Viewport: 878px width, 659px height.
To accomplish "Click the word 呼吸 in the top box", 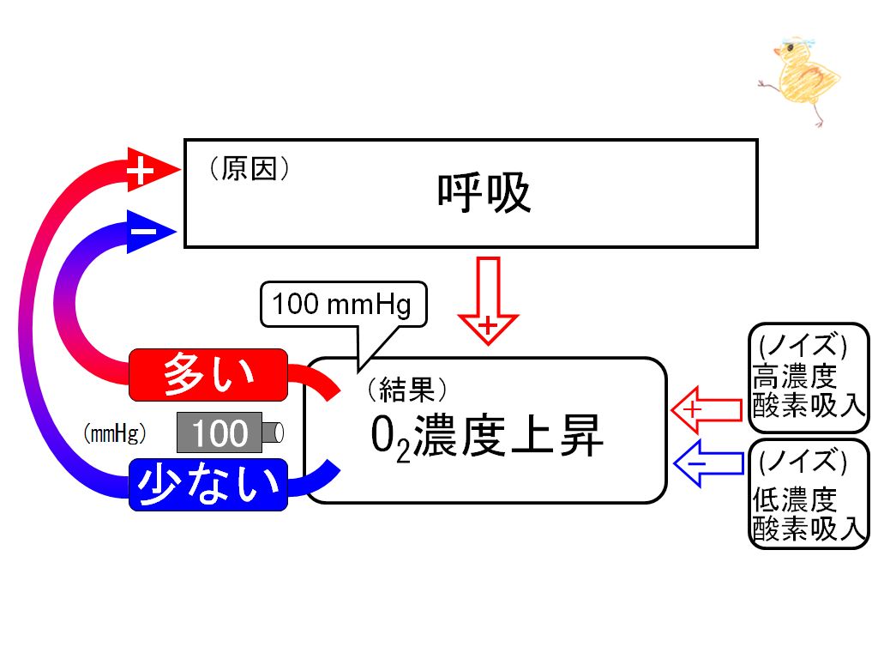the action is coord(484,192).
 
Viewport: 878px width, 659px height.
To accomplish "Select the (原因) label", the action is coord(250,168).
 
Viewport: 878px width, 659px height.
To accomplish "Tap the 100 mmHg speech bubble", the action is coord(344,305).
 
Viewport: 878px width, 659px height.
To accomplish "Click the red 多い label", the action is coord(208,374).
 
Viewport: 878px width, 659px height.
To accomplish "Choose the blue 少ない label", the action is coord(208,485).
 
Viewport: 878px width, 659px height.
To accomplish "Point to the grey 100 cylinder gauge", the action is coord(230,432).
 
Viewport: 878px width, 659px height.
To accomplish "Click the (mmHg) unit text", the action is coord(115,433).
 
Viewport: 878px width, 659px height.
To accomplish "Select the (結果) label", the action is coord(407,390).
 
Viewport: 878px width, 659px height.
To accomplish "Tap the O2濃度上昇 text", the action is coord(487,437).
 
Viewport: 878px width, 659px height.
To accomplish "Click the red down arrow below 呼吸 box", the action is coord(488,300).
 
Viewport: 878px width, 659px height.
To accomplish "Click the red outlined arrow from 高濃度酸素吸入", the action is coord(707,409).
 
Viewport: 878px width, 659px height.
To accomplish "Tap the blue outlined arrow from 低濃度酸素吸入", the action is coord(708,463).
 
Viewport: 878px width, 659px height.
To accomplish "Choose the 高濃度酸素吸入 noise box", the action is coord(809,378).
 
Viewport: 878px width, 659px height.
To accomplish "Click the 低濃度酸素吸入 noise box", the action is coord(809,493).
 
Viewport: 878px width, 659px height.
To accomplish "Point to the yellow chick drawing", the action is coord(799,82).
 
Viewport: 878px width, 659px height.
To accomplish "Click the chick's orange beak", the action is coord(777,51).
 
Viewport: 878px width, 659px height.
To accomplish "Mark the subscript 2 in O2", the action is coord(403,452).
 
